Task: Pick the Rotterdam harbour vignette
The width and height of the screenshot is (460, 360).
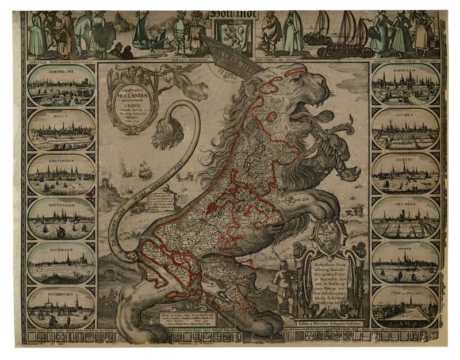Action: [x=61, y=219]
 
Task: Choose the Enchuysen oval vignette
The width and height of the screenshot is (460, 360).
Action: [x=61, y=308]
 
